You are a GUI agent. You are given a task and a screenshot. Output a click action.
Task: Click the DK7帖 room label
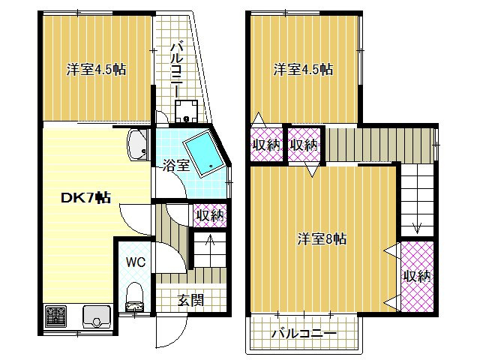coord(86,198)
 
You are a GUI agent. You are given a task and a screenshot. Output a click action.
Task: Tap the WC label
coord(136,262)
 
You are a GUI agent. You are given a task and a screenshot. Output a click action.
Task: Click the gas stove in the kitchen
coord(56,316)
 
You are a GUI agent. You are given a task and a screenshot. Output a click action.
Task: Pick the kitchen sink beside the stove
coord(97,316)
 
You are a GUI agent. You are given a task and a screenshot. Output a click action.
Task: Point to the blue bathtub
coord(205,153)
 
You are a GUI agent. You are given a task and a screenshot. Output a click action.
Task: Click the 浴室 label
coord(176,166)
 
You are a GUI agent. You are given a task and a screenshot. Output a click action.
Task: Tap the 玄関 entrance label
coord(191,300)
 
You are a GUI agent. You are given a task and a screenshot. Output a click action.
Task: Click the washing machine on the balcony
coord(186,111)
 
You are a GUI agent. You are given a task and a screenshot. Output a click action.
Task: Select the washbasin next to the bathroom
coord(138,145)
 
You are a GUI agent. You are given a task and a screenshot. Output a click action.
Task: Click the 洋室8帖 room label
coord(322,238)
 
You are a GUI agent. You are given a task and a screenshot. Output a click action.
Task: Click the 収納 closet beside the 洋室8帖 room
coord(417,277)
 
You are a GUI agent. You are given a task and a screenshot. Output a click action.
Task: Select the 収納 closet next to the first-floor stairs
coord(210,215)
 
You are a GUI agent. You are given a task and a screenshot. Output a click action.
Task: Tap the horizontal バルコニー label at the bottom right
coord(304,333)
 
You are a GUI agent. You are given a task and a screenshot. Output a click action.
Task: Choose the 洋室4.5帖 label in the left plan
coord(97,70)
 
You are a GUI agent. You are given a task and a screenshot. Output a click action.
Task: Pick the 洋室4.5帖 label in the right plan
coord(303,70)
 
